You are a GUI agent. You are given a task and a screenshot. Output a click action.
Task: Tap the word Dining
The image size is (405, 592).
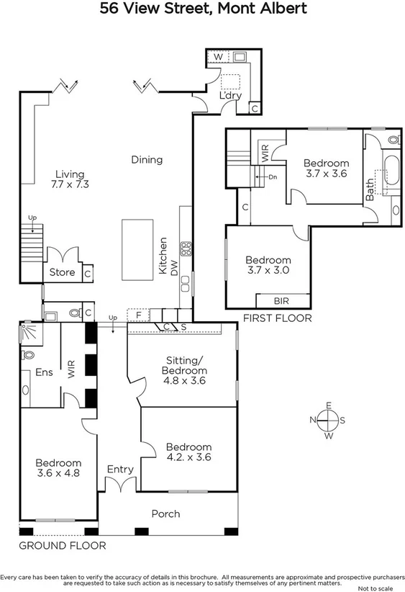[x=147, y=160]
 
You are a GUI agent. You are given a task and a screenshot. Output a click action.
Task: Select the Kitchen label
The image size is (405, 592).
[x=163, y=256]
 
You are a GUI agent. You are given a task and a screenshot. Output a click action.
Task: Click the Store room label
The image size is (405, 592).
[x=62, y=273]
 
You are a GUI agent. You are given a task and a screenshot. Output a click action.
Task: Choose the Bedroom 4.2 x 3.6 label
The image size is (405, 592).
[x=188, y=451]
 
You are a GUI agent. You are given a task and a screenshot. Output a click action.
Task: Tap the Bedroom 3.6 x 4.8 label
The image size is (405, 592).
[x=58, y=468]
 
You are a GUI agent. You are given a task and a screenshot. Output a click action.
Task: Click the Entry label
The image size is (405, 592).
[x=120, y=470]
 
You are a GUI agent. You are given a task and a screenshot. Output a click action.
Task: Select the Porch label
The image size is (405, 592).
[x=165, y=513]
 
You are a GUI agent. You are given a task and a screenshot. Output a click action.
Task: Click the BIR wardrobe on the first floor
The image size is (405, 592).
[x=283, y=300]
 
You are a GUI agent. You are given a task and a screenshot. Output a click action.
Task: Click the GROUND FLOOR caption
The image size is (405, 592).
[x=62, y=546]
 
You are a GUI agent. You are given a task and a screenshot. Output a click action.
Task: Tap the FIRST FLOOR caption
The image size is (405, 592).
[x=277, y=318]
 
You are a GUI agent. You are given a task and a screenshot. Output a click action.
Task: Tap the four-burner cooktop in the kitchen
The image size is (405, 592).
[x=186, y=249]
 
